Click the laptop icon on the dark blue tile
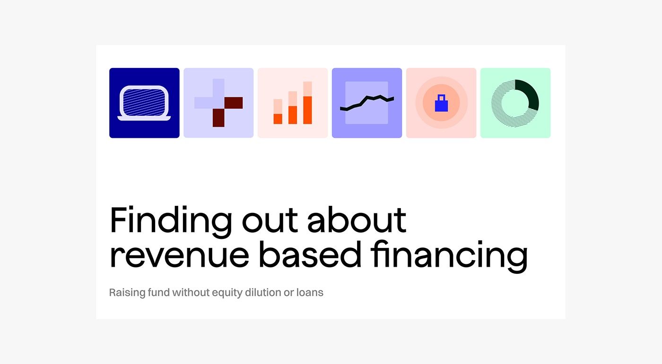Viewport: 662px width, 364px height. tap(144, 103)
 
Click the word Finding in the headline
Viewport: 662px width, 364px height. tap(171, 220)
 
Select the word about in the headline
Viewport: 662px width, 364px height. tap(357, 220)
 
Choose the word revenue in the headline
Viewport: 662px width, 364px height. tap(179, 255)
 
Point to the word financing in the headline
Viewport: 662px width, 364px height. tap(449, 255)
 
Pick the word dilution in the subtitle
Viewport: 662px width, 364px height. tap(263, 292)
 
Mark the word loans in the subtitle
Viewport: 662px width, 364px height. tap(310, 292)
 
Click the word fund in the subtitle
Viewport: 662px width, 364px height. tap(158, 292)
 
